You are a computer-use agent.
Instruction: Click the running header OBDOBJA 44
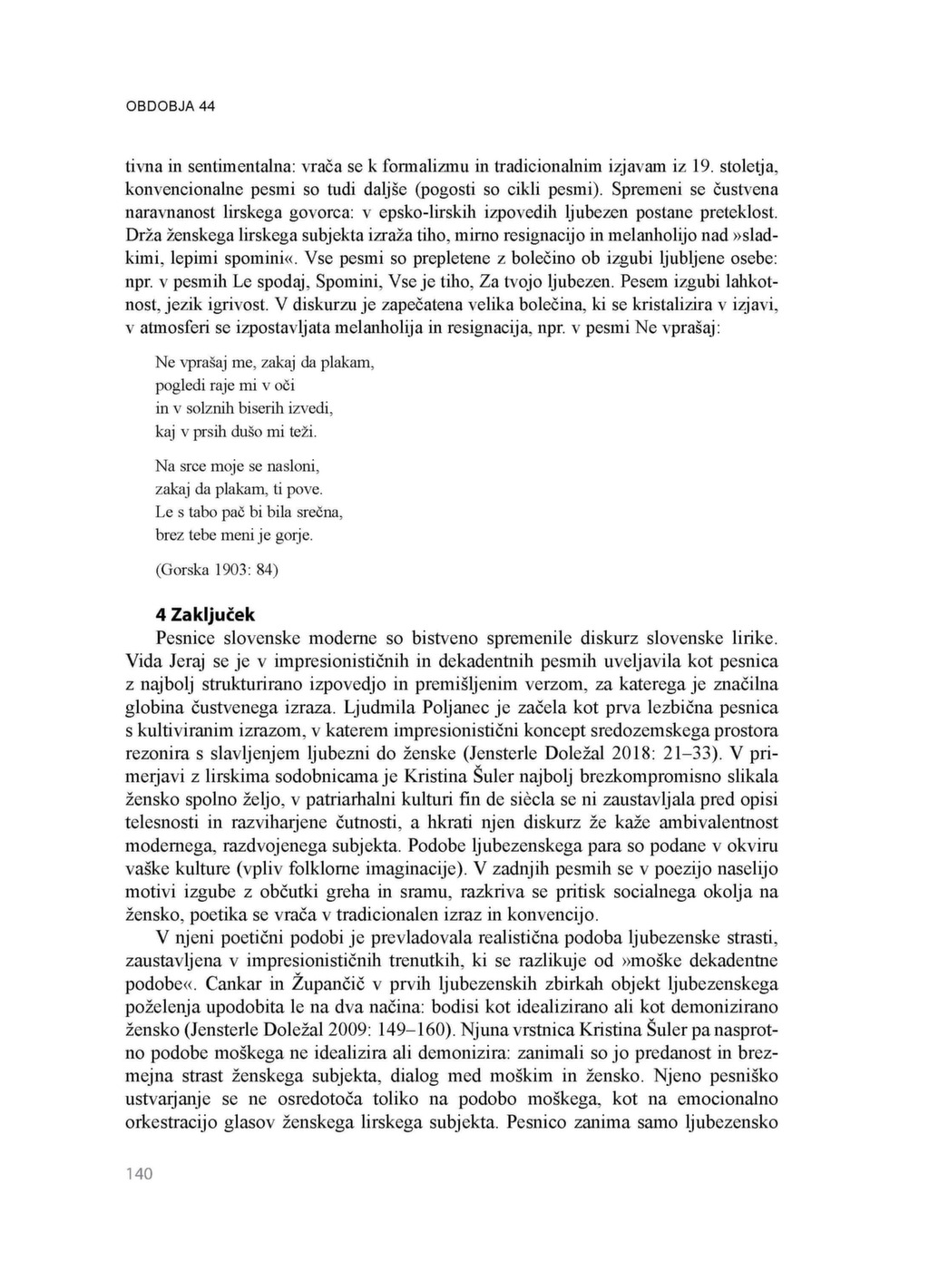pos(170,106)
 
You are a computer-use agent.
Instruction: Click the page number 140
pos(139,1174)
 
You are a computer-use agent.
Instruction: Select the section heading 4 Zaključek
pos(206,614)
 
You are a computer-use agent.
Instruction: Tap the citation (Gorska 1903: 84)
pos(217,570)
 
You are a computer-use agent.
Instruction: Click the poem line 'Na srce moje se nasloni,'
pos(238,466)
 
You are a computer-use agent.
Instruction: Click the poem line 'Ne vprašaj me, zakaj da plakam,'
pos(264,362)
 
